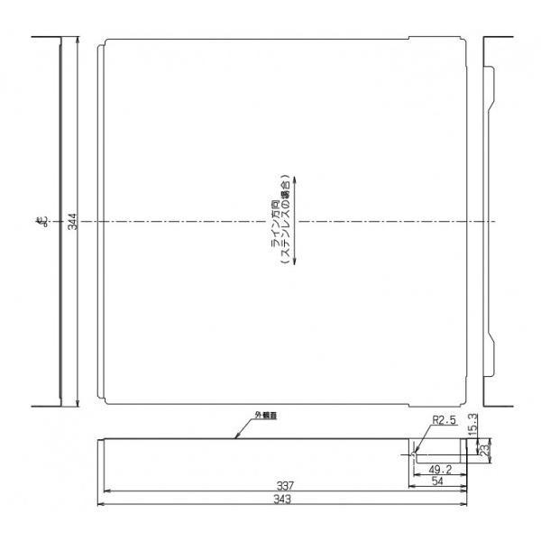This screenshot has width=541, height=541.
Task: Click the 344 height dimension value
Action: [x=71, y=222]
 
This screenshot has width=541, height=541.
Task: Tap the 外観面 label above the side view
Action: [x=262, y=417]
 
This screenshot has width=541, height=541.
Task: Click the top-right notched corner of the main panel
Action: [x=465, y=41]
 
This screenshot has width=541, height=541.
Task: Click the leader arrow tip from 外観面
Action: [x=236, y=438]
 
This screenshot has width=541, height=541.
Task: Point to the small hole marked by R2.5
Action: [x=414, y=456]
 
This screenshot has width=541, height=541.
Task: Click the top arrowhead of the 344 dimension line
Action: [x=78, y=40]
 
